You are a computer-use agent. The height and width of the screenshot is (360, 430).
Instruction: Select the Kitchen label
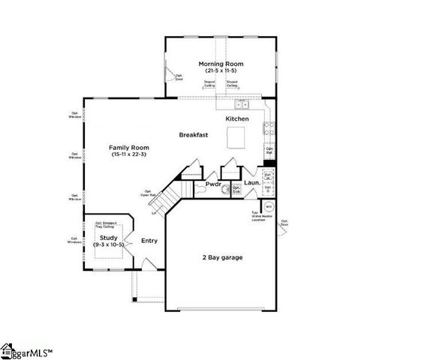[x=237, y=119]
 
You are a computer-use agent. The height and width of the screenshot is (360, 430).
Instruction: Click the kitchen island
[x=238, y=137]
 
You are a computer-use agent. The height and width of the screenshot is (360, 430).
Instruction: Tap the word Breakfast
[x=193, y=135]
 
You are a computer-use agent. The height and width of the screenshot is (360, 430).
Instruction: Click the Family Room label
[x=126, y=147]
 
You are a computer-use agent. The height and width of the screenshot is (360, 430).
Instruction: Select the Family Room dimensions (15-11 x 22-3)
[x=126, y=154]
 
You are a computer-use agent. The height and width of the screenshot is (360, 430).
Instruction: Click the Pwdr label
[x=212, y=184]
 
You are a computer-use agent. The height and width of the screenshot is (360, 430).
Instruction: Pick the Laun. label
[x=252, y=183]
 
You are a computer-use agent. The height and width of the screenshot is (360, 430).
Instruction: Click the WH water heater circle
[x=269, y=208]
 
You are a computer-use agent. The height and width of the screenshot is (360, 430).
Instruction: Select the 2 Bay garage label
[x=221, y=257]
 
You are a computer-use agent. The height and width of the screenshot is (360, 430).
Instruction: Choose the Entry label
[x=149, y=241]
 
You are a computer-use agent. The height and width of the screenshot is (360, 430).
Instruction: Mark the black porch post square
[x=134, y=300]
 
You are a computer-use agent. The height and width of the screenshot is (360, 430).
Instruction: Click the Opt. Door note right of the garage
[x=284, y=223]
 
